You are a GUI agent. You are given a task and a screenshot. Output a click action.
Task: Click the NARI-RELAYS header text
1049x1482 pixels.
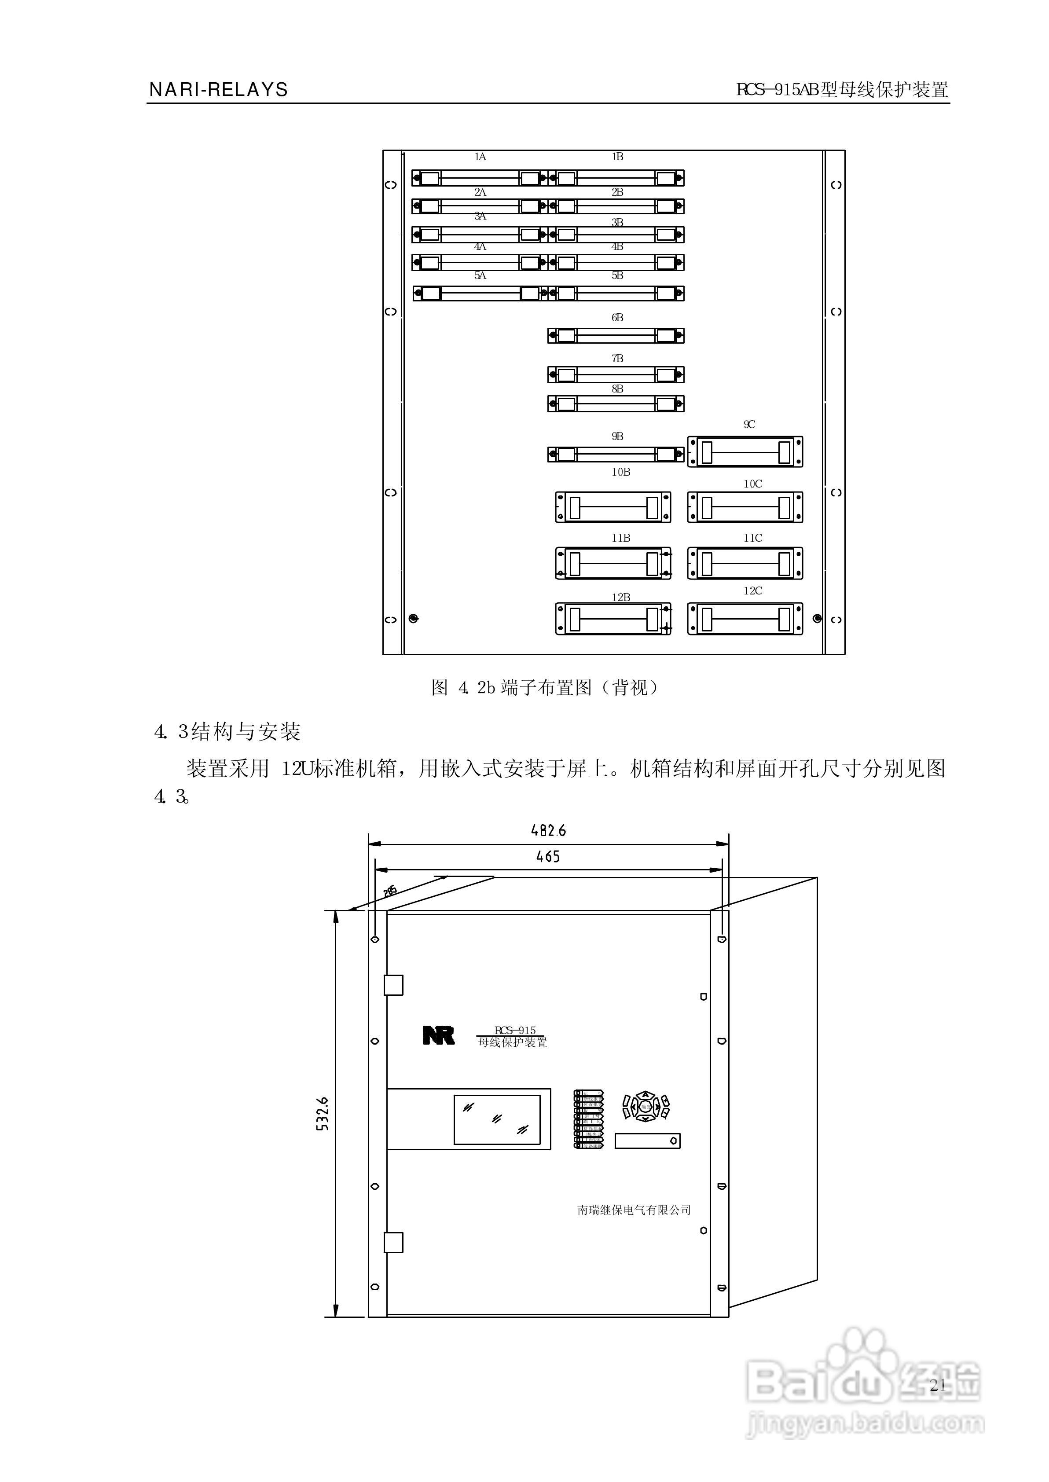pyautogui.click(x=218, y=90)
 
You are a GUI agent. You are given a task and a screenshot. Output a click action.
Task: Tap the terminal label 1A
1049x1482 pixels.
pyautogui.click(x=480, y=157)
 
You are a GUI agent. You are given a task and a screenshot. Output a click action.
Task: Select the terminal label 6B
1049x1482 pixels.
pyautogui.click(x=617, y=318)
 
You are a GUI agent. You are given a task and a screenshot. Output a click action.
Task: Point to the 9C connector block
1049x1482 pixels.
pyautogui.click(x=745, y=451)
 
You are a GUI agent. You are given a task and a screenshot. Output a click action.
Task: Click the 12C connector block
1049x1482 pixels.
pyautogui.click(x=745, y=619)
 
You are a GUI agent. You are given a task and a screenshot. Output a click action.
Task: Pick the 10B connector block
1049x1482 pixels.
pyautogui.click(x=613, y=507)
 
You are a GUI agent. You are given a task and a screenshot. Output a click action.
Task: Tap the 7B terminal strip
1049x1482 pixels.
pyautogui.click(x=616, y=374)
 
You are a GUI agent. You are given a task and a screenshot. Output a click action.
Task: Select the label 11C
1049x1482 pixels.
pyautogui.click(x=752, y=538)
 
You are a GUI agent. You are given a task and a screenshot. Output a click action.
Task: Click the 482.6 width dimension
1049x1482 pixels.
pyautogui.click(x=548, y=830)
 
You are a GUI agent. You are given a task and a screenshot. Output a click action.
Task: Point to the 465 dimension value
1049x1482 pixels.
pyautogui.click(x=548, y=857)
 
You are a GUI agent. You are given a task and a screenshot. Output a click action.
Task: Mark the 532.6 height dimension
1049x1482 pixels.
pyautogui.click(x=323, y=1113)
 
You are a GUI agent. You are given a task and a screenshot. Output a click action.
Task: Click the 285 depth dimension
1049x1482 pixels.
pyautogui.click(x=389, y=891)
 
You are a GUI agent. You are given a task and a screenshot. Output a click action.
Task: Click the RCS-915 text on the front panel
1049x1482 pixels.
pyautogui.click(x=515, y=1031)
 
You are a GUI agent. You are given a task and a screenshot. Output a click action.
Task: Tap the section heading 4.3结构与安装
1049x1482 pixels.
pyautogui.click(x=227, y=732)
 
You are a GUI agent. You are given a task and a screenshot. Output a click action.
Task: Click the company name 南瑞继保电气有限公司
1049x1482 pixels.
pyautogui.click(x=634, y=1210)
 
